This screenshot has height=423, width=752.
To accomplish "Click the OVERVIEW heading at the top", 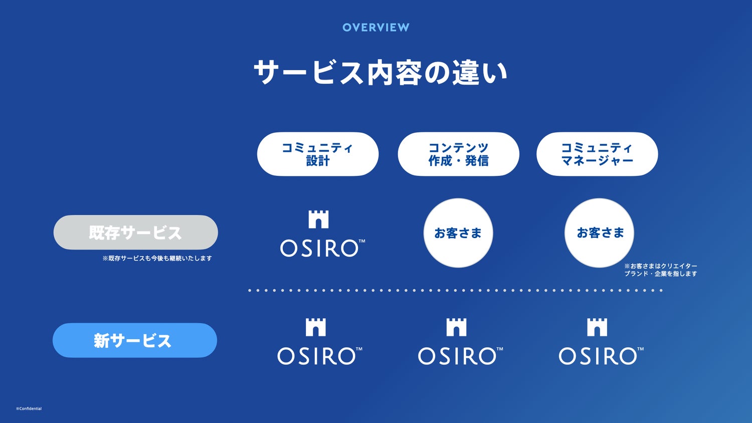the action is coord(375,28).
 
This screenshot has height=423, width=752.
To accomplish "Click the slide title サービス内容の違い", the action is coord(380,73).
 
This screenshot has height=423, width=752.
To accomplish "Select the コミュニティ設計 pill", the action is coord(317,154).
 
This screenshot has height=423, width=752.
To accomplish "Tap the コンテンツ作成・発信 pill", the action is coord(458,154).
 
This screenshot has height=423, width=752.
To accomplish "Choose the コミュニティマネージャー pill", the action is coord(597,154).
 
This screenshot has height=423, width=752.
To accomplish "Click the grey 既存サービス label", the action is coord(136,233).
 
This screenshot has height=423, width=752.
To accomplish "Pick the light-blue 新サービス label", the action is coord(135,340).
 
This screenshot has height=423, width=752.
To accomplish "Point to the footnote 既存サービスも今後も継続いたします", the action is coord(157,258).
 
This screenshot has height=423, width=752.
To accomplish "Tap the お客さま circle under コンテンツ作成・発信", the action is coord(458,233).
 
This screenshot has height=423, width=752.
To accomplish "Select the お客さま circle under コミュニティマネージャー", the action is coord(599,233).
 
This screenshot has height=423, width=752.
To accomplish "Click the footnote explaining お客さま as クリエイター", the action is coord(661,270).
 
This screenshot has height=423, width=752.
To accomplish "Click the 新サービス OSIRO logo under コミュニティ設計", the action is coord(320,342).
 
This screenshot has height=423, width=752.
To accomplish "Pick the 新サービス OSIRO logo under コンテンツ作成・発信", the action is coord(461,342).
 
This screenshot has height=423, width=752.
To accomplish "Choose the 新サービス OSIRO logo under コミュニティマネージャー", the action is coord(601,342).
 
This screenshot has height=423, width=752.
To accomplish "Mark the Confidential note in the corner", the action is coord(29,408).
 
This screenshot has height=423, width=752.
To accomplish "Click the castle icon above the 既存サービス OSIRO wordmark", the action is coord(318,220).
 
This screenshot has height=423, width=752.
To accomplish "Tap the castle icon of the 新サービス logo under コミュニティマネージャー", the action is coord(597,327).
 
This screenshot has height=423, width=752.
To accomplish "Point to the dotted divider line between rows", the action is coord(455,290).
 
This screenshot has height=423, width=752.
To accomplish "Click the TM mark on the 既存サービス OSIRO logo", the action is coord(362,241).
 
